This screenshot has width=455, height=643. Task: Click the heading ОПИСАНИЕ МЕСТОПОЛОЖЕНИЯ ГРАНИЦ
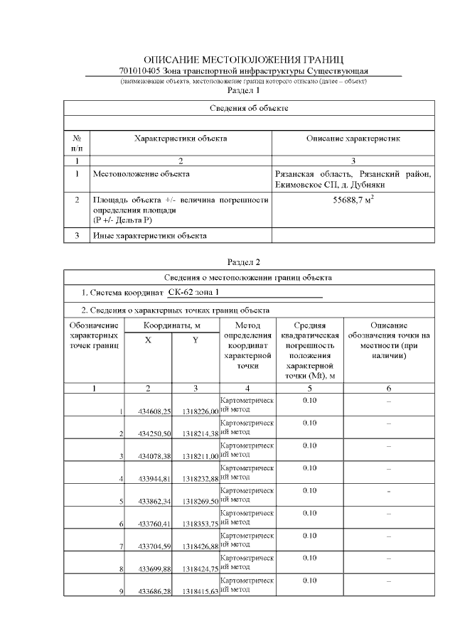243,60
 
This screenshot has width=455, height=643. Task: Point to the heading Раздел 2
243,262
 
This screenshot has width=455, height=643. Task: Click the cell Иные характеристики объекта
149,236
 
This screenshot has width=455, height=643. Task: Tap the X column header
148,340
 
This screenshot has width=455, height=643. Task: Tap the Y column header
196,340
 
